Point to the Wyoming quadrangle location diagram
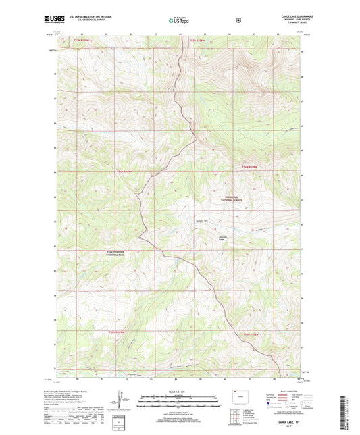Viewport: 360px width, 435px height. pos(238,399)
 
